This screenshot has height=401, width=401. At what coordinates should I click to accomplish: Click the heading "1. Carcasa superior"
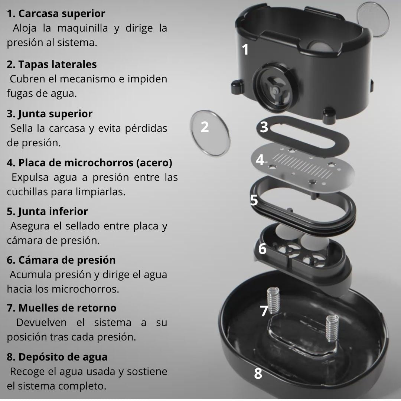tap(56, 14)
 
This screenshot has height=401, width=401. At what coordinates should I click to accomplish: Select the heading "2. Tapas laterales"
tap(52, 65)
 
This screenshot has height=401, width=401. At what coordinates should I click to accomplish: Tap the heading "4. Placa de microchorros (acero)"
tap(89, 163)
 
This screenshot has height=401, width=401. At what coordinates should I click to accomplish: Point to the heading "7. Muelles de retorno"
tap(62, 308)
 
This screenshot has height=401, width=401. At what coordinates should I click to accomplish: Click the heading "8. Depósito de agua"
tap(57, 357)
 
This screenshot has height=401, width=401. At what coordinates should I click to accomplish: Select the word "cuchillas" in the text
tap(27, 192)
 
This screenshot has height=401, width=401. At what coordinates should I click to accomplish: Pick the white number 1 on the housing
tap(245, 49)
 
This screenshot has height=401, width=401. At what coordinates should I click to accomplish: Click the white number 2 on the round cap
tap(205, 127)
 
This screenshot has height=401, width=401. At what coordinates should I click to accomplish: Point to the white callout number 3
tap(264, 127)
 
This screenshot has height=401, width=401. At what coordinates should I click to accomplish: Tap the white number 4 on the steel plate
tap(260, 160)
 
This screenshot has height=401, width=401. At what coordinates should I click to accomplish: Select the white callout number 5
tap(254, 200)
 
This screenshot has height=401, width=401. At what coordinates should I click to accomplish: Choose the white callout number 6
tap(263, 248)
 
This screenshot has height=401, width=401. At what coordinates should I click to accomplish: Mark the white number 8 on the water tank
tap(258, 374)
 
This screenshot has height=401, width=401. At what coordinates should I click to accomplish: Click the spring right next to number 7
tap(273, 300)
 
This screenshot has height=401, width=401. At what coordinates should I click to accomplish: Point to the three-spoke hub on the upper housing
tap(276, 90)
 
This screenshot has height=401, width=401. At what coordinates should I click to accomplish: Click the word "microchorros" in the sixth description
tap(85, 289)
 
